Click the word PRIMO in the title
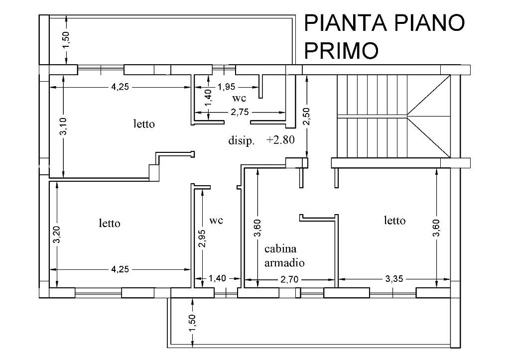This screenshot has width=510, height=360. coord(341,50)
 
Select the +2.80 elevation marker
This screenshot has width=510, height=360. coord(280,140)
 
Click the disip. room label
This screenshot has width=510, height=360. coord(242,141)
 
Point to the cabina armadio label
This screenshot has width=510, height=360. coord(284,255)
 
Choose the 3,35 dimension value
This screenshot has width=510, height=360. coord(394,280)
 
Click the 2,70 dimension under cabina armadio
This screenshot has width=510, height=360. coord(289,280)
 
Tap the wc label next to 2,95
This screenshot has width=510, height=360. coord(216,220)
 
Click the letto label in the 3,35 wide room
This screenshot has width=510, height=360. coord(394,220)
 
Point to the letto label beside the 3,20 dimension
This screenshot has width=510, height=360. coord(109,224)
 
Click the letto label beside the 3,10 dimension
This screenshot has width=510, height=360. coord(143,124)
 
